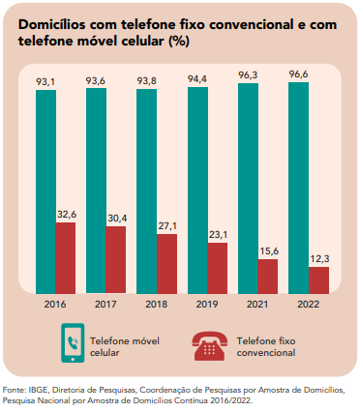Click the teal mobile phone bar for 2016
(x=45, y=191)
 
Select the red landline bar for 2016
(x=66, y=258)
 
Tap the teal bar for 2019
(x=197, y=191)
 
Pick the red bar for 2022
(x=318, y=280)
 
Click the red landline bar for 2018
(x=166, y=264)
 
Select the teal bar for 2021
(x=248, y=189)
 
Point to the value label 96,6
(x=299, y=74)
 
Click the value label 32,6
(x=67, y=215)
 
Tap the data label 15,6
(x=269, y=251)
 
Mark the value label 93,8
(x=147, y=81)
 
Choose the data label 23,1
(x=219, y=235)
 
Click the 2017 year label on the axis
(x=105, y=304)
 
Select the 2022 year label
(x=309, y=304)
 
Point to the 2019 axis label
(x=207, y=304)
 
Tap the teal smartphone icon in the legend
(x=73, y=343)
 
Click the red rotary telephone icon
(x=209, y=346)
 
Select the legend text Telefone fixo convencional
(x=266, y=347)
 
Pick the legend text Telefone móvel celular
(x=125, y=347)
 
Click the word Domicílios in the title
(x=52, y=24)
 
